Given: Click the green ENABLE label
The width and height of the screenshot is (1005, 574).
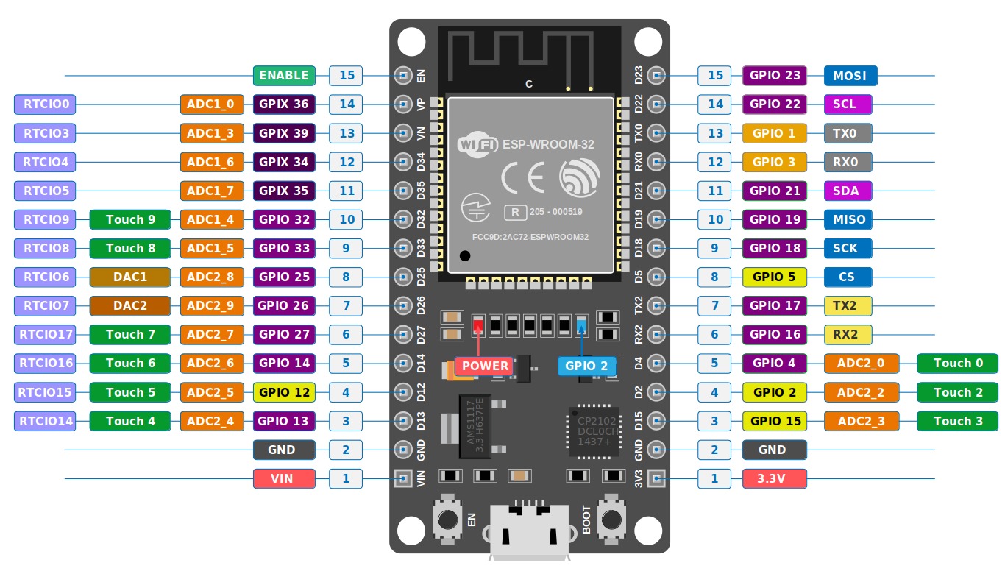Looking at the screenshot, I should (284, 75).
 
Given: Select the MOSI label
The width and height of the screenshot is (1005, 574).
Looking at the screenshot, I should (850, 75).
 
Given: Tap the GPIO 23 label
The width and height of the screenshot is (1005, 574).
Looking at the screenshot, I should (775, 75).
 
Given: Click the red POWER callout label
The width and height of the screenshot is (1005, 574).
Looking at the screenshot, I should (485, 366).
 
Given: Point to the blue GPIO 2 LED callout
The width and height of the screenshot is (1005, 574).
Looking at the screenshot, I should (586, 366).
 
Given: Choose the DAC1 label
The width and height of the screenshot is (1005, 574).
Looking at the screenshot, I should (129, 277).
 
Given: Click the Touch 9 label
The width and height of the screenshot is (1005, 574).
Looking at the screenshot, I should (129, 219).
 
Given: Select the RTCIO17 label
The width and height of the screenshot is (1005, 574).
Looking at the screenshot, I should (45, 334).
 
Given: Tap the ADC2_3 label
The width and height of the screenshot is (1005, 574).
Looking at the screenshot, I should (860, 421).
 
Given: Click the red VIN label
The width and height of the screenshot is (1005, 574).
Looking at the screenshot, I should (284, 478).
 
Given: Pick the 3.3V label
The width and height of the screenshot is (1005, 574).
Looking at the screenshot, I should (774, 478).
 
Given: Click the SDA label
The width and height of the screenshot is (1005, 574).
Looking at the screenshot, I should (848, 191).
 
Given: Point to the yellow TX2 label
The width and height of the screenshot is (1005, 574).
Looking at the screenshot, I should (848, 305).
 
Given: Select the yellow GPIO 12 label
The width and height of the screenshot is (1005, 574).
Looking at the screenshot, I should (284, 392).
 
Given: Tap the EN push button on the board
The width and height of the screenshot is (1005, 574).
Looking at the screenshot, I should (447, 519).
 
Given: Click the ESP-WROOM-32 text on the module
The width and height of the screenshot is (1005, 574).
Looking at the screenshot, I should (548, 145).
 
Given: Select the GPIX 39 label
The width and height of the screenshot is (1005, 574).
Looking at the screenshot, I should (284, 133).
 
